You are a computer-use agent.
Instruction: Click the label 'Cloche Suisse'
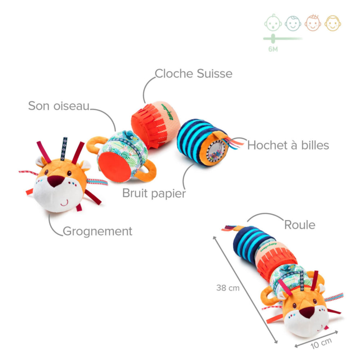tap(193, 73)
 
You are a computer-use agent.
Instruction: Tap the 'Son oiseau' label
tap(59, 106)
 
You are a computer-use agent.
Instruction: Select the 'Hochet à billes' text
tap(288, 145)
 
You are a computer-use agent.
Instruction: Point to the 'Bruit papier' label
tap(154, 193)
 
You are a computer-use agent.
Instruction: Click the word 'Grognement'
tap(98, 231)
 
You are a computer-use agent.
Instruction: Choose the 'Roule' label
tap(300, 225)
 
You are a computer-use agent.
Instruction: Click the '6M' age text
tap(273, 49)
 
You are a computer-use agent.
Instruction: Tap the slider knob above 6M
tap(273, 38)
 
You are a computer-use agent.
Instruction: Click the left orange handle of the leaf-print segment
tap(95, 144)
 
